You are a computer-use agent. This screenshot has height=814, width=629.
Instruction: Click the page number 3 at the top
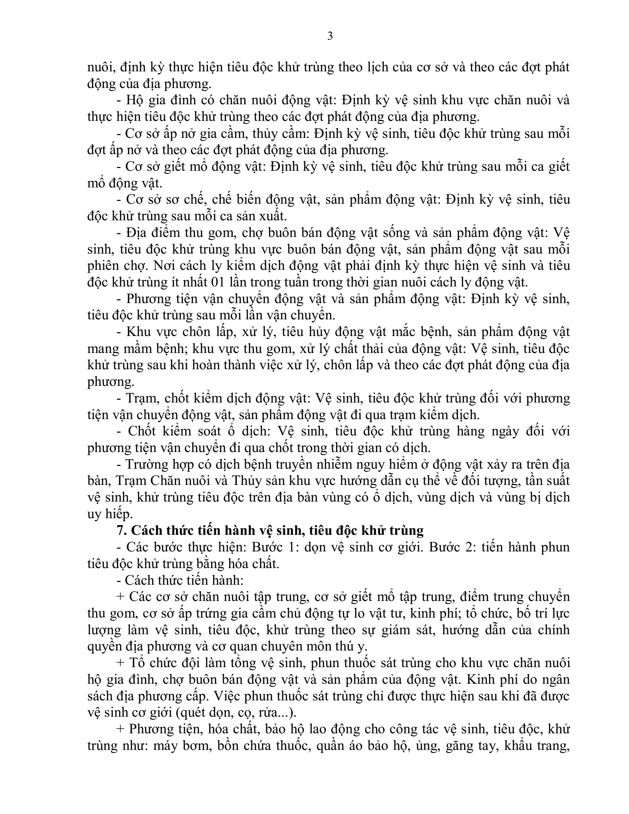pos(329,36)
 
